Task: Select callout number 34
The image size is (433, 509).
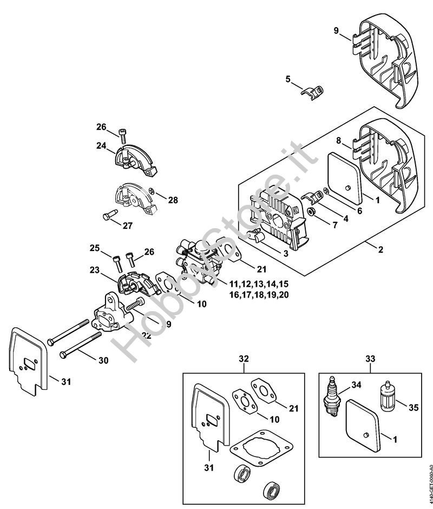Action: (x=356, y=385)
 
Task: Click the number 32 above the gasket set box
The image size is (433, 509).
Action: (x=244, y=358)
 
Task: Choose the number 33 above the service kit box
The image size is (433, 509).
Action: (x=370, y=358)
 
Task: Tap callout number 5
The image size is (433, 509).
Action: (x=288, y=79)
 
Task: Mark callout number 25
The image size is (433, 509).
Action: (x=95, y=248)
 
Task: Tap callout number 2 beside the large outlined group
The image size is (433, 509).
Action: (x=380, y=250)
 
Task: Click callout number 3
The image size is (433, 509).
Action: (x=285, y=253)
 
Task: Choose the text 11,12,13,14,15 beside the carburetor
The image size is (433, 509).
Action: (x=259, y=284)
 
